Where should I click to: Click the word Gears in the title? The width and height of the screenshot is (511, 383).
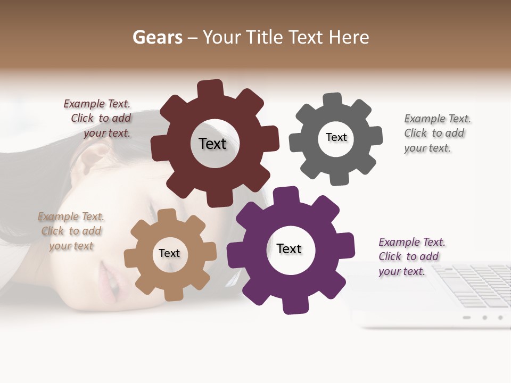[157, 37]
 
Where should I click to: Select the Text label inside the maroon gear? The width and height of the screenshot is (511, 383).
[212, 144]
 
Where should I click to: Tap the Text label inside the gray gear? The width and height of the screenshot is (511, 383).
[336, 137]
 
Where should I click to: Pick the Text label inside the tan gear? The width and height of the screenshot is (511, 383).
[169, 253]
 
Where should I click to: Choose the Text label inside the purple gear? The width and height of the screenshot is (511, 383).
[289, 248]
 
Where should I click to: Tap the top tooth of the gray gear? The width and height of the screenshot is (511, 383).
[333, 100]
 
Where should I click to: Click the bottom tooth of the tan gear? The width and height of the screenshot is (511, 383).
[174, 294]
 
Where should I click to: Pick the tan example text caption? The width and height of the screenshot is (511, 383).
[71, 231]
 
